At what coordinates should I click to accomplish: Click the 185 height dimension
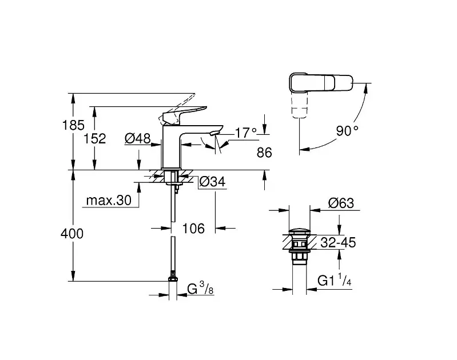tap(73, 125)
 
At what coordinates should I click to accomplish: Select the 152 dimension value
tap(95, 139)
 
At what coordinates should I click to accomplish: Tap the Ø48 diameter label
tap(138, 138)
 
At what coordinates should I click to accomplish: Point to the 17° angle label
tap(246, 133)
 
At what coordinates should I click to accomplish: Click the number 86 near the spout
tap(264, 153)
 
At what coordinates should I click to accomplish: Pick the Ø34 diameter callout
tap(212, 182)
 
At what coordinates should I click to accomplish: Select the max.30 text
tap(109, 200)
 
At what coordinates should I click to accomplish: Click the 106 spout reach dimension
tap(193, 229)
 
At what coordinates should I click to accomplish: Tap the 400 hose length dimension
tap(72, 234)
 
